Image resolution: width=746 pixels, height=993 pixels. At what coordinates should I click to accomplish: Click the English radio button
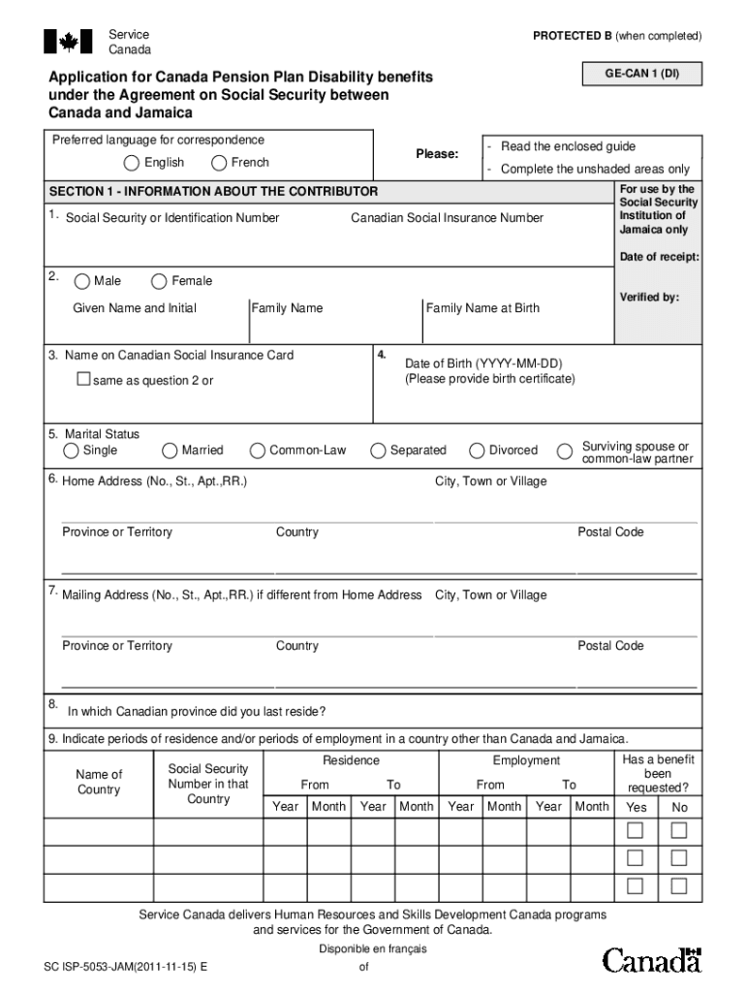pyautogui.click(x=131, y=163)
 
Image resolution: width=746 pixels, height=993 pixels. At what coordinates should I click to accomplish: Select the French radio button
pyautogui.click(x=219, y=163)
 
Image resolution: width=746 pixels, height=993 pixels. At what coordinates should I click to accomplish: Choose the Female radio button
pyautogui.click(x=159, y=282)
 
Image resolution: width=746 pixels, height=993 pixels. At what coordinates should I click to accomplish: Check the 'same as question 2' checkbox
pyautogui.click(x=83, y=379)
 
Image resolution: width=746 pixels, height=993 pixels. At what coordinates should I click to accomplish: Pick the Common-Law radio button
pyautogui.click(x=258, y=451)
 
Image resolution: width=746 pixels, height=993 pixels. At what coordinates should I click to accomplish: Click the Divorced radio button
pyautogui.click(x=477, y=451)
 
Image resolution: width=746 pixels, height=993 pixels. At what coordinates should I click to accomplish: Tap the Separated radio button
pyautogui.click(x=378, y=451)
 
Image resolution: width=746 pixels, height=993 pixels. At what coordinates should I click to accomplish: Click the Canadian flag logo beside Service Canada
pyautogui.click(x=69, y=42)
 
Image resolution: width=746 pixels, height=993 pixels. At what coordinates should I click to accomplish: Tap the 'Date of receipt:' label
pyautogui.click(x=659, y=257)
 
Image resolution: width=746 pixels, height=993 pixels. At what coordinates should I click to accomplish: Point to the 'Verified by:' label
pyautogui.click(x=649, y=298)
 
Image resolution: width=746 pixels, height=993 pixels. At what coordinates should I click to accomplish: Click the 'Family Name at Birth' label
pyautogui.click(x=482, y=308)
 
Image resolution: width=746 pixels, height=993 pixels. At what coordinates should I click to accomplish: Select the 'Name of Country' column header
pyautogui.click(x=99, y=782)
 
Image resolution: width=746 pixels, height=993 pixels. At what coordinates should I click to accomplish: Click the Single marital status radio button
pyautogui.click(x=73, y=451)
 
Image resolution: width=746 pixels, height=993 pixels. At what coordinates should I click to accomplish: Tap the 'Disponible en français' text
pyautogui.click(x=373, y=949)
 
